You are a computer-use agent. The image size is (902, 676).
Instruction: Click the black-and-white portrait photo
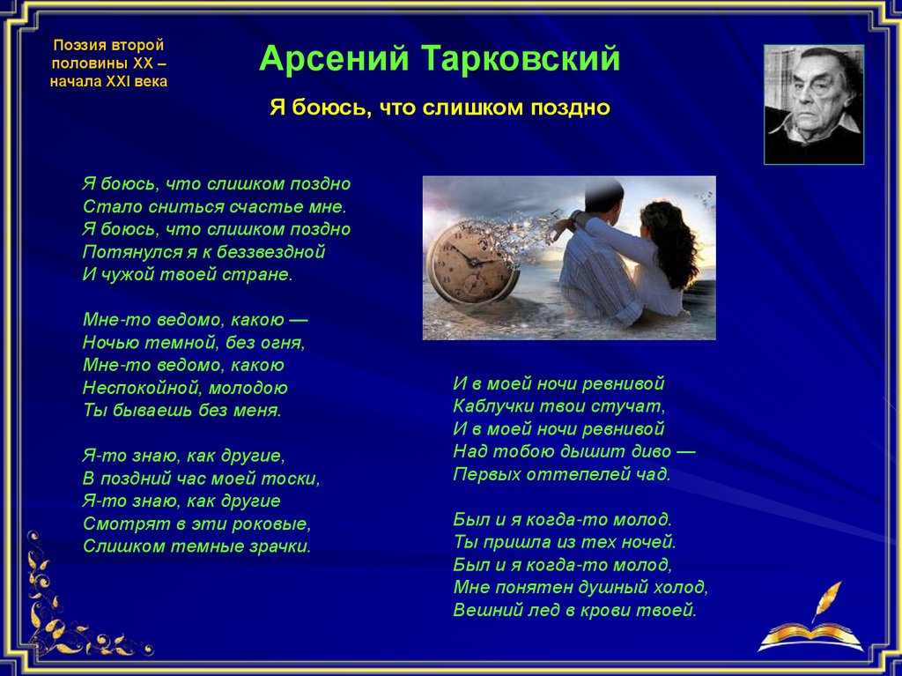pyautogui.click(x=813, y=105)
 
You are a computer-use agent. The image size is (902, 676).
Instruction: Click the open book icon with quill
pyautogui.click(x=811, y=625)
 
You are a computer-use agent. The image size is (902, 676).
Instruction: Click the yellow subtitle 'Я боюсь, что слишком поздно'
pyautogui.click(x=440, y=108)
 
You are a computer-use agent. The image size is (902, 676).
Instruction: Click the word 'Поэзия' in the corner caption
pyautogui.click(x=75, y=45)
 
